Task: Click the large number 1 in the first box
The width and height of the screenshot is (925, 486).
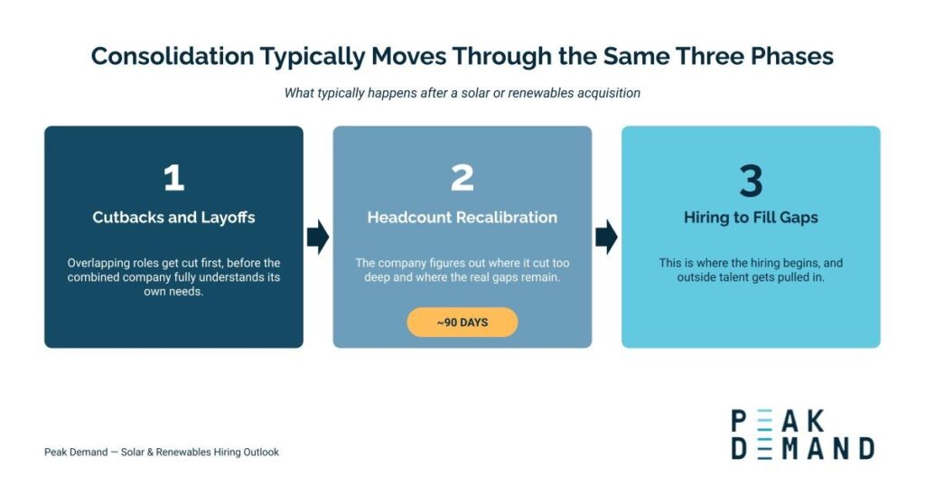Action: click(x=174, y=178)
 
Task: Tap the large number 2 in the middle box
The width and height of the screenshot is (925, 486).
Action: click(x=462, y=178)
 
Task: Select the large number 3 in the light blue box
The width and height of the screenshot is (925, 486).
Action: click(x=751, y=181)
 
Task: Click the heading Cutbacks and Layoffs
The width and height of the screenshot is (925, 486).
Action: click(x=173, y=217)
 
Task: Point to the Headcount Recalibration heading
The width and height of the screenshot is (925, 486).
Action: click(x=462, y=217)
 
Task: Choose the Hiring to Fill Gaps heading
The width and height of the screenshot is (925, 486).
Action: click(x=751, y=218)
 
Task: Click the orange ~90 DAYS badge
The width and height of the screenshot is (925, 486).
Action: click(x=462, y=322)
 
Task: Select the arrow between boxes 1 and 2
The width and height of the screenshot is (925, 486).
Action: click(x=318, y=237)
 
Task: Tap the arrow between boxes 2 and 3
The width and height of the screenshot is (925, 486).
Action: click(x=606, y=237)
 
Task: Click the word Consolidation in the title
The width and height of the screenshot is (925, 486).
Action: click(x=173, y=56)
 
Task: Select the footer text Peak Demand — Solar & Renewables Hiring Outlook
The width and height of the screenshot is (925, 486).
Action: click(x=162, y=452)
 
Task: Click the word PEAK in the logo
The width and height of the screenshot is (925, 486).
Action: click(x=778, y=421)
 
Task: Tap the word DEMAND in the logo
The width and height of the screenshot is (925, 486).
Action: click(x=803, y=448)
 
